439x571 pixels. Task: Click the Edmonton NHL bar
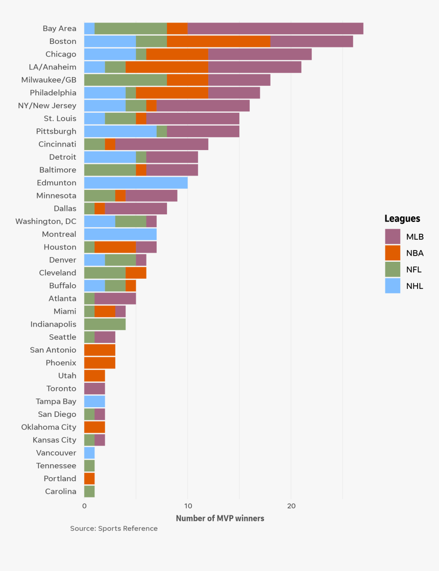136,183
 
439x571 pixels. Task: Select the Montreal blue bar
120,234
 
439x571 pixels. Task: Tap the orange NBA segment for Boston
218,41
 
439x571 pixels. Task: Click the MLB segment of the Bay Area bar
275,29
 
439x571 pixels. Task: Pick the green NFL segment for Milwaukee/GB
126,80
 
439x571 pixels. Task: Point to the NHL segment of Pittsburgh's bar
120,131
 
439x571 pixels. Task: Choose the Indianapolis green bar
105,324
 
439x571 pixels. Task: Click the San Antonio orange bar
100,350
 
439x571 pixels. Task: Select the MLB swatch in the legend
393,236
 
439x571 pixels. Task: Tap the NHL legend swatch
393,286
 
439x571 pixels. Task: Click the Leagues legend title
402,218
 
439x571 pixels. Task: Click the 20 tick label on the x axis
291,506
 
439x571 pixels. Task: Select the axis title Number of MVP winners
220,518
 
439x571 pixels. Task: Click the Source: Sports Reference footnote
114,529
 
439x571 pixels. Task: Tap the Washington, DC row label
46,221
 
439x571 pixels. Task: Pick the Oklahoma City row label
49,427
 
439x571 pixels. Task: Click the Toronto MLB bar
94,388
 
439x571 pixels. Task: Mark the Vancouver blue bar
89,453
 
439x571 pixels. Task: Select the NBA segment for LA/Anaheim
167,67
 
